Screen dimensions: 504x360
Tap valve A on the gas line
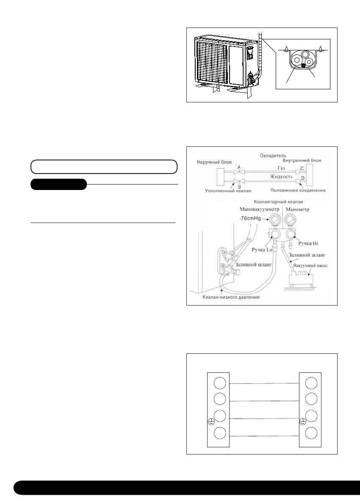click(x=240, y=172)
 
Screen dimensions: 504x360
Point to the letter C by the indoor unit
click(x=302, y=168)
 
